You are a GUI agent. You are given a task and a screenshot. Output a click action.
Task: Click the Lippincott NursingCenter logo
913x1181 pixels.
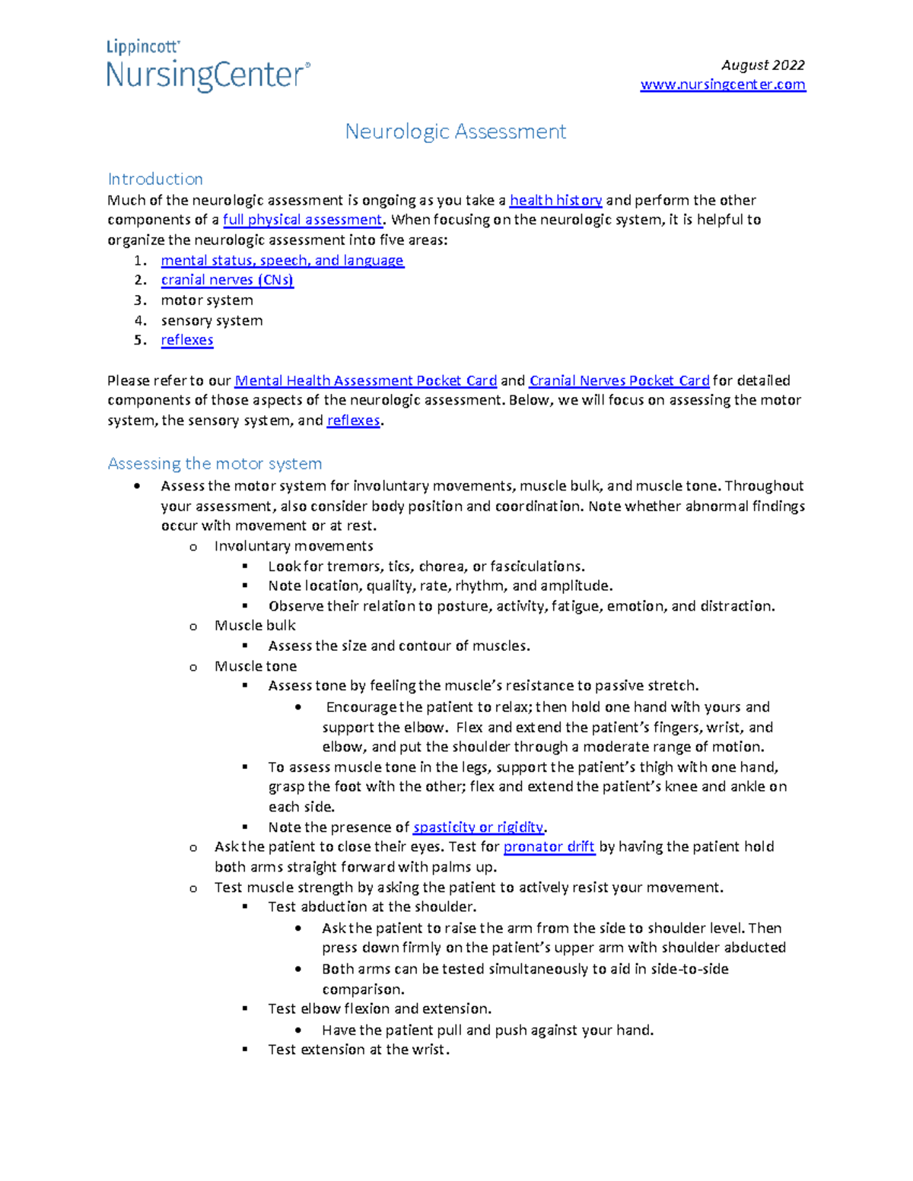(208, 67)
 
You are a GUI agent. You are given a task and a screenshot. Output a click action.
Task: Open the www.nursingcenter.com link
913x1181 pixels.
(722, 84)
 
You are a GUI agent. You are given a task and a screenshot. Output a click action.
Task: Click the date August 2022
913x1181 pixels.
(762, 65)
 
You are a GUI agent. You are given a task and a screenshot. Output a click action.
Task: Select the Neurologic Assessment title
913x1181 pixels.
(455, 132)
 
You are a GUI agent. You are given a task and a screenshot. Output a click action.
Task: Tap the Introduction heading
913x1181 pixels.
(155, 179)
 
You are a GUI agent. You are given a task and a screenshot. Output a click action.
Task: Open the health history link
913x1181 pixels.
(555, 200)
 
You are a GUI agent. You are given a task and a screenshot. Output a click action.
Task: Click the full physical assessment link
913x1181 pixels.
(302, 220)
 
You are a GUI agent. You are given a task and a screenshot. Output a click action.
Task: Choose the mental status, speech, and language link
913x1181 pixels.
(282, 260)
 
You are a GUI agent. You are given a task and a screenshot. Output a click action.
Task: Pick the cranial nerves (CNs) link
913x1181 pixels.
(227, 280)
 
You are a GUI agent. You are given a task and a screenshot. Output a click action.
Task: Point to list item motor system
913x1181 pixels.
(207, 300)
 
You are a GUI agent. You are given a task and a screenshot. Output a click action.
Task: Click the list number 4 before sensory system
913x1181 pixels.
(140, 320)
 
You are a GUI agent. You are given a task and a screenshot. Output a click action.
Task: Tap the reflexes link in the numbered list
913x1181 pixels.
(187, 340)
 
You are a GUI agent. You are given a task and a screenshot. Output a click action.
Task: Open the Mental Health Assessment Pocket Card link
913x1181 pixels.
(365, 380)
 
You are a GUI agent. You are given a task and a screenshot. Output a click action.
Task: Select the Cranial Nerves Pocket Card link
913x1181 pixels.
(619, 380)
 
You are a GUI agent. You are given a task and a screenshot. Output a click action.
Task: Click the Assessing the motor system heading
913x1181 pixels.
(215, 463)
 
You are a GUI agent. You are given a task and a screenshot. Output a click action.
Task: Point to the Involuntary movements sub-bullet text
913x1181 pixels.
(294, 546)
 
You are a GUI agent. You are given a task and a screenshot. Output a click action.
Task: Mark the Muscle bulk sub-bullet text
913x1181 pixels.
(255, 625)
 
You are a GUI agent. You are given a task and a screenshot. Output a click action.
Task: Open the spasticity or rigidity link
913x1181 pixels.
(479, 827)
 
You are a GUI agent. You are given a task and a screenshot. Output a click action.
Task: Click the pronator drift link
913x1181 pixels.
(549, 846)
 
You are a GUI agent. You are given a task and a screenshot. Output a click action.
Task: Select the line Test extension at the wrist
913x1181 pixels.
(358, 1049)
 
